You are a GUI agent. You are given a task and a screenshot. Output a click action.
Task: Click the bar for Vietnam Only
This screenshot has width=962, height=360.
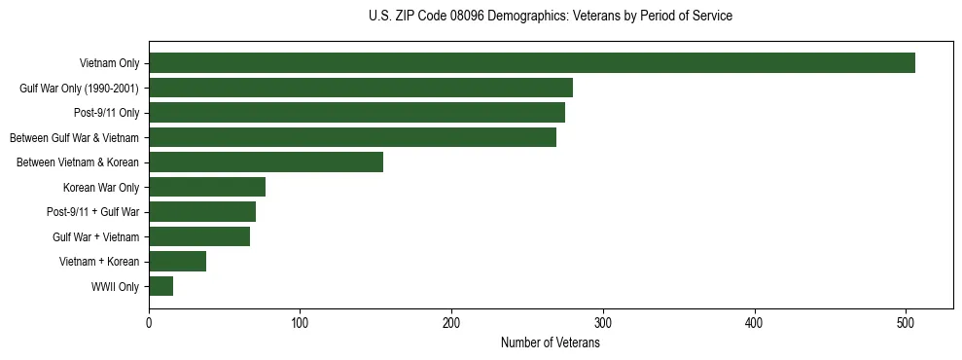[x=531, y=63]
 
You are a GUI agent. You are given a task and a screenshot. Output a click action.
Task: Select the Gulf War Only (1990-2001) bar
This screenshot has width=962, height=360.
[x=360, y=89]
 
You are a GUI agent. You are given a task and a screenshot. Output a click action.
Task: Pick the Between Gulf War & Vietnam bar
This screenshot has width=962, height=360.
[x=352, y=137]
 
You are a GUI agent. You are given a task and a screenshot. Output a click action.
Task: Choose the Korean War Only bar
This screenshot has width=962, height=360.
[x=207, y=187]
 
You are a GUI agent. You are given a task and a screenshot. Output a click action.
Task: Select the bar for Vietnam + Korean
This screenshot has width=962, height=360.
[x=177, y=262]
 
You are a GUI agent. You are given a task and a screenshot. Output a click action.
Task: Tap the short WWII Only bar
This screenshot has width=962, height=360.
[x=160, y=286]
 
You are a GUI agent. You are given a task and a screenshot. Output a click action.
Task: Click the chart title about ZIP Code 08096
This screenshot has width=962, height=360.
[x=551, y=17]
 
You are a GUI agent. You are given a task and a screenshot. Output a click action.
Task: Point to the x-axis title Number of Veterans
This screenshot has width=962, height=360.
[x=551, y=343]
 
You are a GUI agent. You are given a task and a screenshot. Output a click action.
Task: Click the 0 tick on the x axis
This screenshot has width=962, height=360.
[x=149, y=323]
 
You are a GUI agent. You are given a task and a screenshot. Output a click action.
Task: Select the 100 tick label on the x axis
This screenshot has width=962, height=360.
[x=300, y=323]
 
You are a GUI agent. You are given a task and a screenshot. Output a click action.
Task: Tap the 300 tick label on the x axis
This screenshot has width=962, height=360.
[x=603, y=323]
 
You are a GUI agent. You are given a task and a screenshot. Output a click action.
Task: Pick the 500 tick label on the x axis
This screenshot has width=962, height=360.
[x=906, y=323]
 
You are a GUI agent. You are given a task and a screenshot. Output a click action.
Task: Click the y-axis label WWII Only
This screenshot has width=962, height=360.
[x=115, y=287]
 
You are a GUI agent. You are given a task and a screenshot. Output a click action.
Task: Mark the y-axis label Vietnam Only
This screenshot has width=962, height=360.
[x=109, y=64]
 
